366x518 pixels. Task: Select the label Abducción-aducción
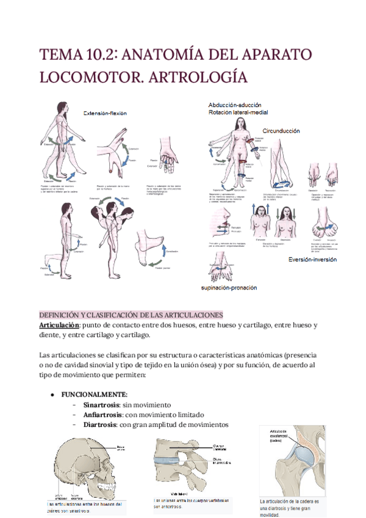[x=238, y=105]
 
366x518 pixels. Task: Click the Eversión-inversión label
[x=314, y=260]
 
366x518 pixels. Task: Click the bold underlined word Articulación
[x=59, y=325]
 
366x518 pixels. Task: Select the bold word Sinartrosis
[x=102, y=405]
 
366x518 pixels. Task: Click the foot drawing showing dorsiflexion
[x=157, y=245]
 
